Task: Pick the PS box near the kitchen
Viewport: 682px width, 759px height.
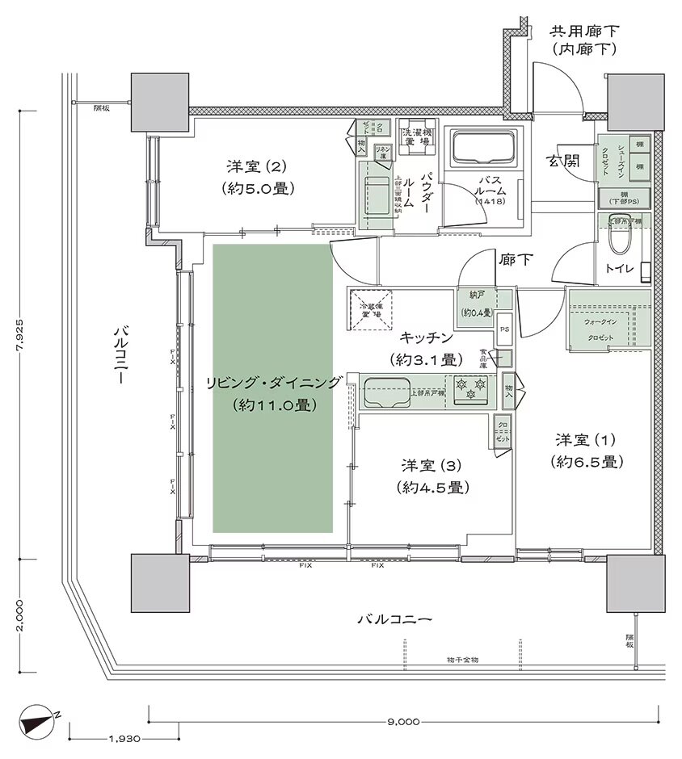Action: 503,329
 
